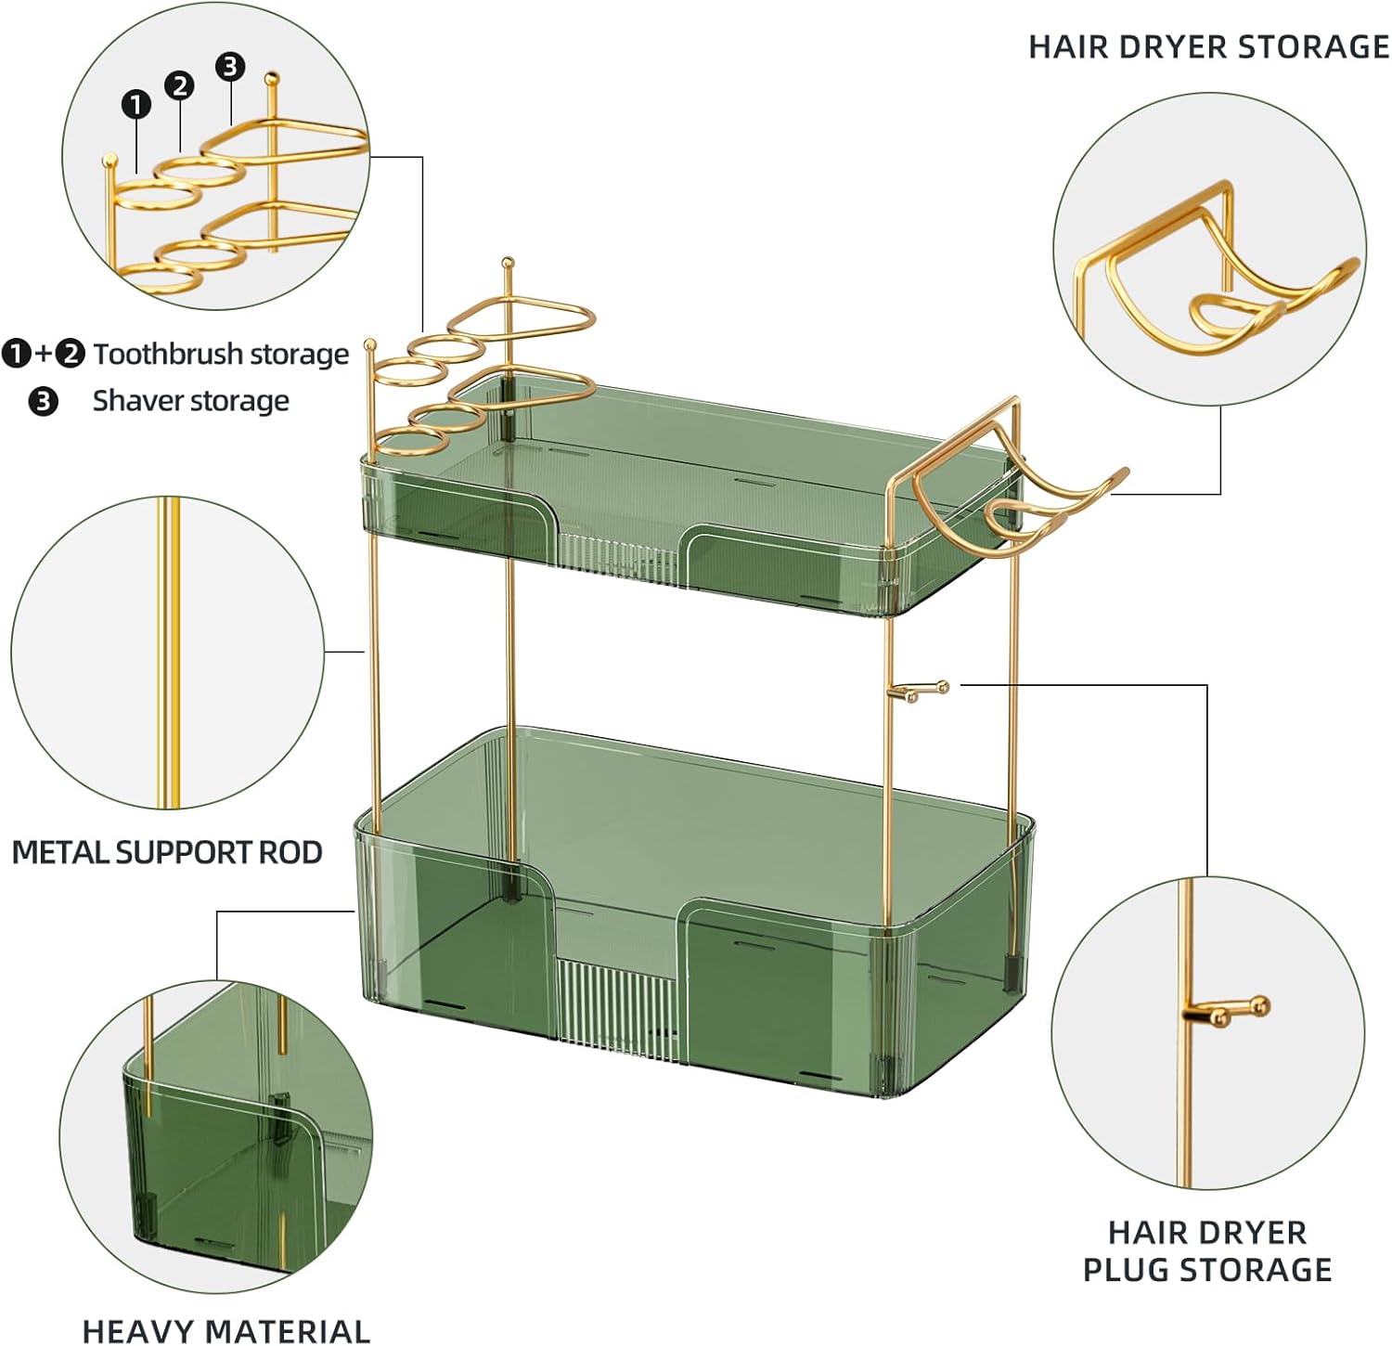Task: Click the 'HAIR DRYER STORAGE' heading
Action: pos(1208,46)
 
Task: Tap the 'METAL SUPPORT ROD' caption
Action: pos(167,852)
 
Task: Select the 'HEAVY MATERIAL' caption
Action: pos(226,1330)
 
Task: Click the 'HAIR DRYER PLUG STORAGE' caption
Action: pos(1207,1250)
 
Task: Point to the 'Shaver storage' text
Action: pos(190,401)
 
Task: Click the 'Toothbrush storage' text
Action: pos(221,354)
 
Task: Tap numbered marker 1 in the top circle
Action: pos(136,104)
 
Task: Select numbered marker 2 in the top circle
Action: pos(179,85)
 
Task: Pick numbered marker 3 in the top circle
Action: pos(230,66)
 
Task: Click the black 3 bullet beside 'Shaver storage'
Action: pos(43,402)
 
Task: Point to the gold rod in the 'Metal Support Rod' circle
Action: pos(168,650)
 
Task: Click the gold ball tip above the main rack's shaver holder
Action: pos(507,264)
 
